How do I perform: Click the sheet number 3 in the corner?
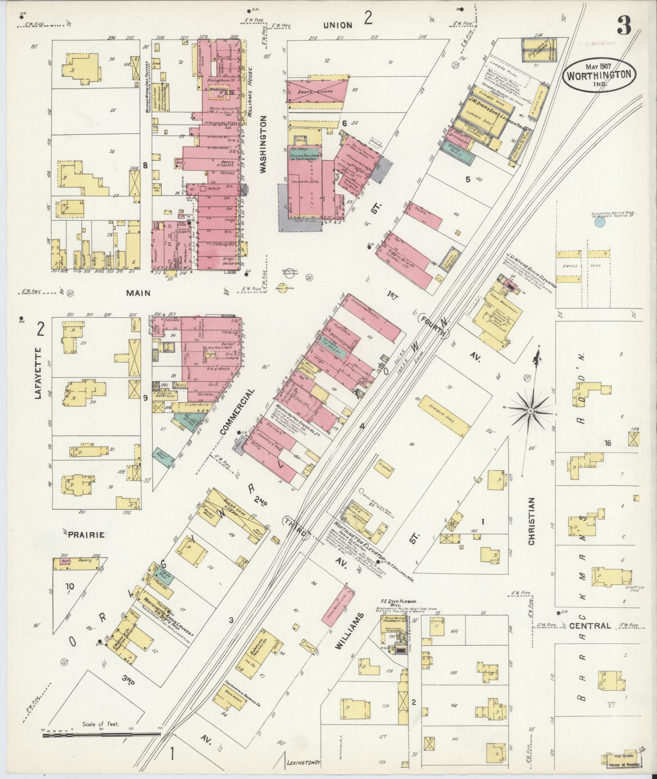click(624, 27)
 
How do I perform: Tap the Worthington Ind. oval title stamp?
click(599, 75)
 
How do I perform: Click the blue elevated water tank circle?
click(599, 222)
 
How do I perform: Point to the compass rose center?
click(531, 411)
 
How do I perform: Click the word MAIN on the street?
click(138, 293)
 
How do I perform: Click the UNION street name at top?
click(338, 25)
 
